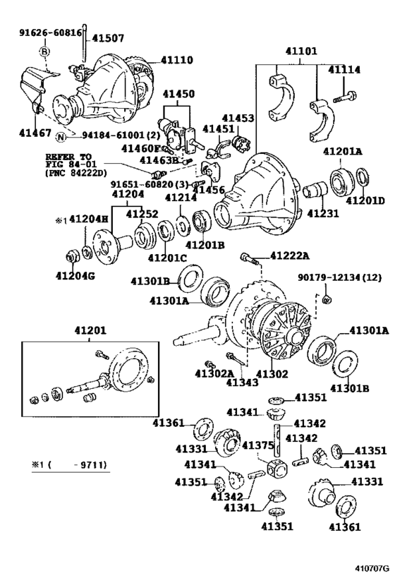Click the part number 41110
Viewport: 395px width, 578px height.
176,60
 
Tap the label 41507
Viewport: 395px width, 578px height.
108,38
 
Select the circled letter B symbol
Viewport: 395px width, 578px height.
44,52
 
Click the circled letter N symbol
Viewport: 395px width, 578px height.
61,137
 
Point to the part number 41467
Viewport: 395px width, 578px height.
35,133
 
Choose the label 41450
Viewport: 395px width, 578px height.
178,94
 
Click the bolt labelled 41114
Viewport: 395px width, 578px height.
345,97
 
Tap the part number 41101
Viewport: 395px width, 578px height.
301,51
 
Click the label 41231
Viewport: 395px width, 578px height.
323,213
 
